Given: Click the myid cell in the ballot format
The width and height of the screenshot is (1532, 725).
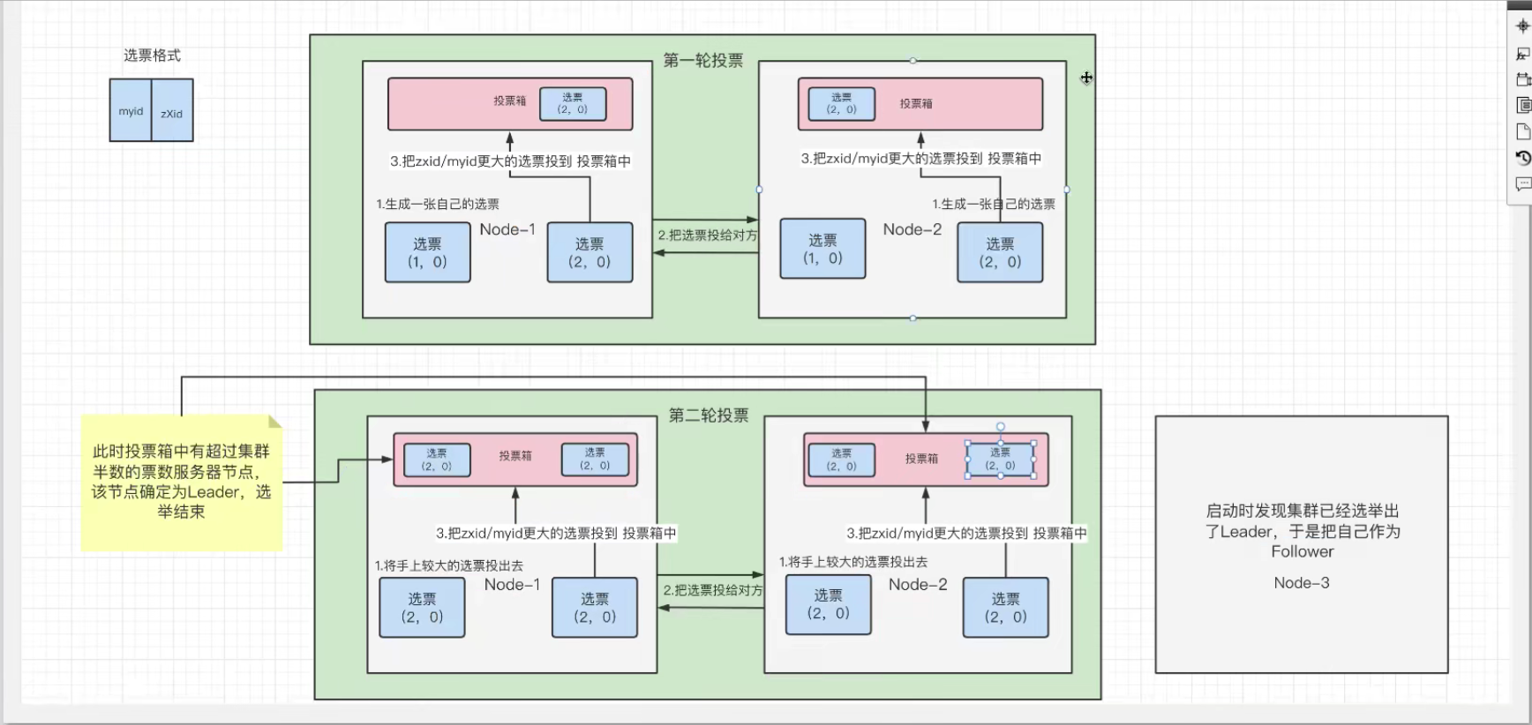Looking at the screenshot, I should click(131, 111).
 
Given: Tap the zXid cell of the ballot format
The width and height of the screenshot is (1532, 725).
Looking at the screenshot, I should click(172, 113).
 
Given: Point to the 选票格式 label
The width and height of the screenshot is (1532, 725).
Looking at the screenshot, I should click(152, 56).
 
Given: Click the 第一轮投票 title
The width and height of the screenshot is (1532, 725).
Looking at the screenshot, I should click(703, 61).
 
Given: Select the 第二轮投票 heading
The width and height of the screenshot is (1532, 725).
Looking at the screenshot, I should click(709, 415).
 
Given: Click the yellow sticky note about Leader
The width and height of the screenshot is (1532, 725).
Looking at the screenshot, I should click(182, 482).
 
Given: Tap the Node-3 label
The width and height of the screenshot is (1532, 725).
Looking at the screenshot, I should click(1302, 583).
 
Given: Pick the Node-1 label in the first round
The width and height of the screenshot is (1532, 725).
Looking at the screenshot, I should click(507, 229).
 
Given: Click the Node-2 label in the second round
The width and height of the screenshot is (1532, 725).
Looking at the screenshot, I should click(918, 585).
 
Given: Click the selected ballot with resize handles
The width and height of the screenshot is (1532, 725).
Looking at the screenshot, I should click(1000, 460).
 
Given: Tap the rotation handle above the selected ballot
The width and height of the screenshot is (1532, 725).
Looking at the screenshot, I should click(1001, 427).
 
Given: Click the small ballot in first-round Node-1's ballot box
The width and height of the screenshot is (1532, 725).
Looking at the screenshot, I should click(573, 104).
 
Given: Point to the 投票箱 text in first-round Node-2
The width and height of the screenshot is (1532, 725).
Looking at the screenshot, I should click(916, 104).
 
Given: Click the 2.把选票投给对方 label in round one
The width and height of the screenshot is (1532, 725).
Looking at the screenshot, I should click(708, 235).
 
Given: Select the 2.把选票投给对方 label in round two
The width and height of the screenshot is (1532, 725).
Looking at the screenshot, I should click(713, 590).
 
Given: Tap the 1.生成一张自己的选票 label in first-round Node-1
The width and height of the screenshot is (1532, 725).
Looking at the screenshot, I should click(438, 205).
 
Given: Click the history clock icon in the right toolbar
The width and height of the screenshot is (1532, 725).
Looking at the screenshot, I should click(1523, 158).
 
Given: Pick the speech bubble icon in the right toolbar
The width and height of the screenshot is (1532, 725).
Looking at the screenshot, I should click(1523, 184).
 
